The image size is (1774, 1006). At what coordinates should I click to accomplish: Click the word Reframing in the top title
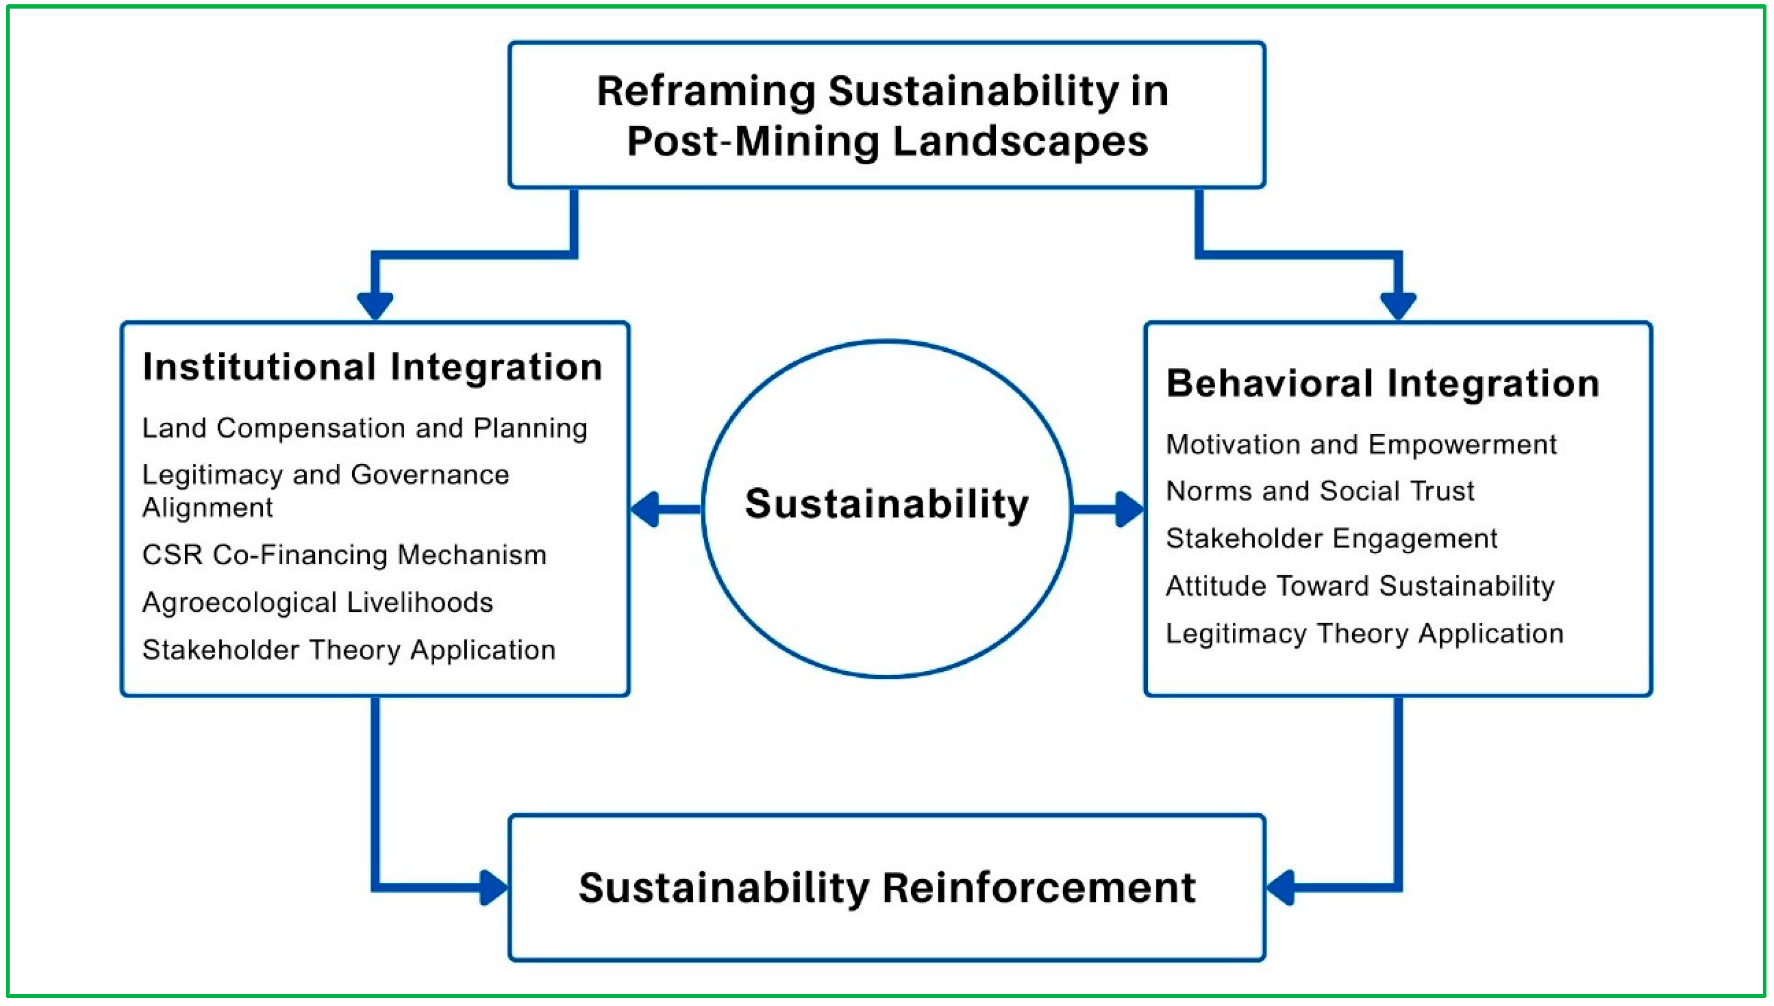(x=705, y=92)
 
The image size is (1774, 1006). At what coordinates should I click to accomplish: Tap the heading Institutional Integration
(x=372, y=367)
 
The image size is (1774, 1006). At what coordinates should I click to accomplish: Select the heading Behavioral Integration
(x=1383, y=383)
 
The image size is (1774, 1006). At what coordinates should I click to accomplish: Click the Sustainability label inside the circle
(x=887, y=504)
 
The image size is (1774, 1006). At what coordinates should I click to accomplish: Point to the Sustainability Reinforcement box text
(x=887, y=888)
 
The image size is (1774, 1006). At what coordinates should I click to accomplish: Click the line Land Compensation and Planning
(x=365, y=429)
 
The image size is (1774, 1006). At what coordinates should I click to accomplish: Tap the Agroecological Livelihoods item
(x=317, y=603)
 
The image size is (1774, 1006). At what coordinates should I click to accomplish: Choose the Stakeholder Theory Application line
(x=348, y=650)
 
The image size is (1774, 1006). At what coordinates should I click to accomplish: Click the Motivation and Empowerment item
(x=1361, y=444)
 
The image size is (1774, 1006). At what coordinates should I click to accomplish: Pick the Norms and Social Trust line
(x=1320, y=491)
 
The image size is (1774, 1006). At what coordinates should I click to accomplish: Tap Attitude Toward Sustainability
(x=1360, y=586)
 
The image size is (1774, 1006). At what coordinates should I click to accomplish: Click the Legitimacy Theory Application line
(x=1364, y=634)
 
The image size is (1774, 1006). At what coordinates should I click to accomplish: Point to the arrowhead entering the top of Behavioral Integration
(x=1398, y=306)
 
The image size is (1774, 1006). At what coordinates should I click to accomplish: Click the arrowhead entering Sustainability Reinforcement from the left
(x=494, y=888)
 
